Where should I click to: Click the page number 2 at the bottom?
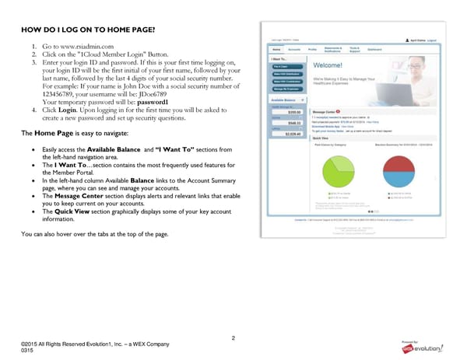point(233,337)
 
